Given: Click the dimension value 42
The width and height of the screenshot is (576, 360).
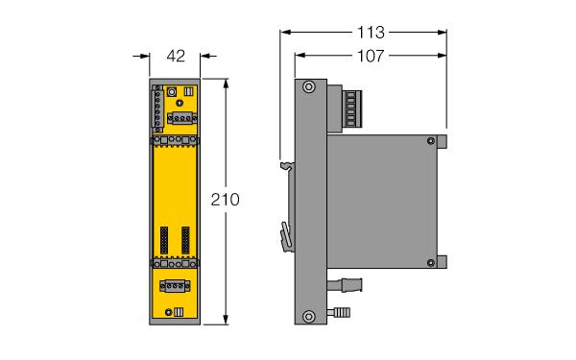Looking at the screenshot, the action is pyautogui.click(x=176, y=56).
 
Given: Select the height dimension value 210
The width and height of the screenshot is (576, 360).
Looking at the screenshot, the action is pyautogui.click(x=225, y=200).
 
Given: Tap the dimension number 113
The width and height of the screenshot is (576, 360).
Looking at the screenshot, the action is pyautogui.click(x=371, y=33).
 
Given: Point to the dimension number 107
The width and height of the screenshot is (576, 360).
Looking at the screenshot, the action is pyautogui.click(x=371, y=56).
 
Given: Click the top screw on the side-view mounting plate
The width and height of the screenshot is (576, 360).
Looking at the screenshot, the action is pyautogui.click(x=308, y=87).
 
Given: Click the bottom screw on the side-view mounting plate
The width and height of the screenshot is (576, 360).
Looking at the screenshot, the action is pyautogui.click(x=308, y=316).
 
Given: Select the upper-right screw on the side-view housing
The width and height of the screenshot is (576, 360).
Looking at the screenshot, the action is pyautogui.click(x=430, y=141).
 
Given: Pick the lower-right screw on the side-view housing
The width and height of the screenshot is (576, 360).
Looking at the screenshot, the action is pyautogui.click(x=430, y=263).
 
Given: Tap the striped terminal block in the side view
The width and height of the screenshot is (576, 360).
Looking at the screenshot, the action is pyautogui.click(x=352, y=109).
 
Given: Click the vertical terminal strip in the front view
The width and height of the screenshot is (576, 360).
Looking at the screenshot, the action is pyautogui.click(x=158, y=108).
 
